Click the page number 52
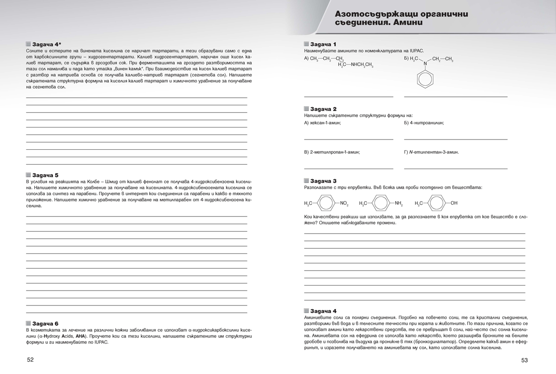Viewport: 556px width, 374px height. [x=31, y=360]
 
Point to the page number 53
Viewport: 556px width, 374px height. [x=524, y=360]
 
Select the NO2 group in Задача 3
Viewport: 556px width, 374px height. [x=344, y=203]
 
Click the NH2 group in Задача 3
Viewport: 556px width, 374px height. [x=399, y=203]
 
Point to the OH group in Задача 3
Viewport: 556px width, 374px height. [x=454, y=203]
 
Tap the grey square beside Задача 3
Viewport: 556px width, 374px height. [x=306, y=180]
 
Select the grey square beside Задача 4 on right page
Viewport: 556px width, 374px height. [x=306, y=310]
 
